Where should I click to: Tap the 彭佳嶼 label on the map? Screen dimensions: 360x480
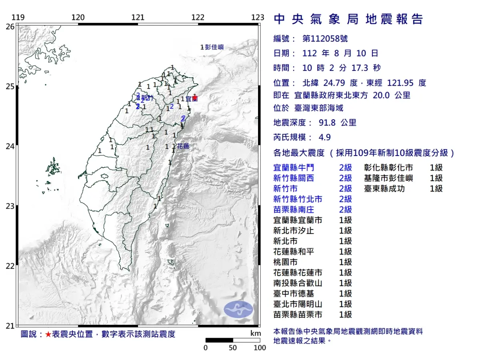(x=214, y=47)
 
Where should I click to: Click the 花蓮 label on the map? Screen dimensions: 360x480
(x=183, y=146)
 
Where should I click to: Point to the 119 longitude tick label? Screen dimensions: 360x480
(x=18, y=17)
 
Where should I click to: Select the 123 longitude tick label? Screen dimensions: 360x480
(x=258, y=17)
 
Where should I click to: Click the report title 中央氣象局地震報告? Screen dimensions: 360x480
(x=348, y=19)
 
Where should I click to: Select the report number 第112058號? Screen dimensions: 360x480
(x=325, y=39)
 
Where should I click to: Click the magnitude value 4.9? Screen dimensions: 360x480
(x=325, y=137)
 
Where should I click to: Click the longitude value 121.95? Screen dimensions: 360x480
(x=401, y=83)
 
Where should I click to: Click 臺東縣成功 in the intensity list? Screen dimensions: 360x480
(x=384, y=189)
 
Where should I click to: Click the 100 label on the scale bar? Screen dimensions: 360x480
(x=260, y=348)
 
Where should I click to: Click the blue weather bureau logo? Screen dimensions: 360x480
(x=238, y=310)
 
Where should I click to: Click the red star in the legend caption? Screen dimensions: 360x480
(x=48, y=334)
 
